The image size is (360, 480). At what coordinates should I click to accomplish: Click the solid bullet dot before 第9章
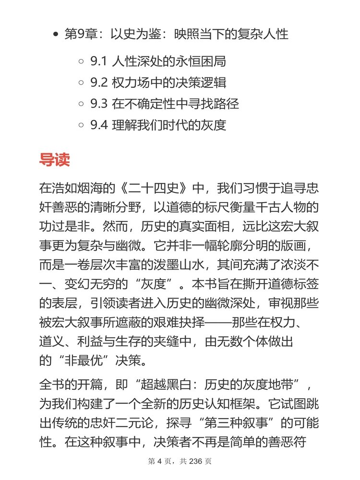pyautogui.click(x=57, y=35)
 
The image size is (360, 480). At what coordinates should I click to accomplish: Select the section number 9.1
pyautogui.click(x=98, y=62)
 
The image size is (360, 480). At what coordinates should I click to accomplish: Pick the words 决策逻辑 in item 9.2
pyautogui.click(x=199, y=83)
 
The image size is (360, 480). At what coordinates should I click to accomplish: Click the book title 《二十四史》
pyautogui.click(x=151, y=187)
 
